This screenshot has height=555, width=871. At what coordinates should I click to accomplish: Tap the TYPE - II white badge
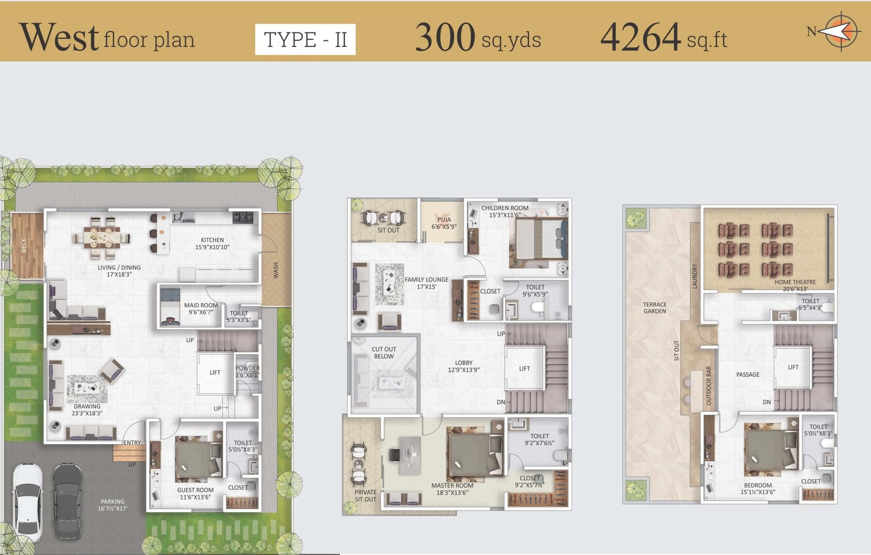305,39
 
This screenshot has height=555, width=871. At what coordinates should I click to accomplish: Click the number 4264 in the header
640,37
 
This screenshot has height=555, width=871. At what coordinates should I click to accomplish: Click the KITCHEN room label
212,240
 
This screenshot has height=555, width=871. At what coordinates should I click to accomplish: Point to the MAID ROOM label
201,306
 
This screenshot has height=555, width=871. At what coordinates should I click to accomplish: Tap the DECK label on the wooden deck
24,246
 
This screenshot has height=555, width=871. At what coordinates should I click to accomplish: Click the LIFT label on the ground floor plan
215,373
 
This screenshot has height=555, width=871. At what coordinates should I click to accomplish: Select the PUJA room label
444,219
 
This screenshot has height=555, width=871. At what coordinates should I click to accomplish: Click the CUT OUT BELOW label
384,353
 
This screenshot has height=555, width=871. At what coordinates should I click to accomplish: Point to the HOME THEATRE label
795,282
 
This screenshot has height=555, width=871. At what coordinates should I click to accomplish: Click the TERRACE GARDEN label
655,308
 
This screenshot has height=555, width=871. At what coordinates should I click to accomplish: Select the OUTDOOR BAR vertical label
708,386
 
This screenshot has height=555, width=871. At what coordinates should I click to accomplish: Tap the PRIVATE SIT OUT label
365,496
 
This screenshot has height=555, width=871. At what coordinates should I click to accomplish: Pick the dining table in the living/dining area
102,237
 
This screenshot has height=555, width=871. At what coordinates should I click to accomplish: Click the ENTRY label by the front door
132,443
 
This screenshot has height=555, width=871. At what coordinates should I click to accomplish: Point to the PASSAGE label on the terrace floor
748,375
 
